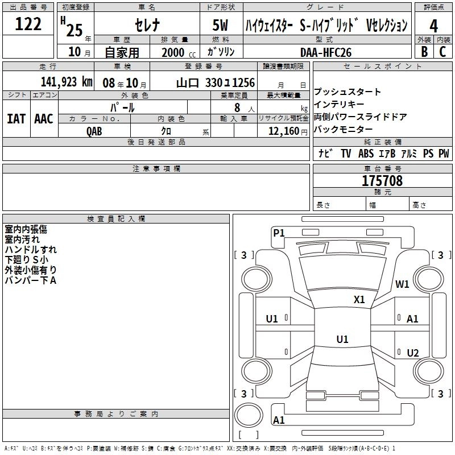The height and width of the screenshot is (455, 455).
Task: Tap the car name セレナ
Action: (x=146, y=25)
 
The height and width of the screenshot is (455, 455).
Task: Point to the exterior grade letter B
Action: (x=424, y=51)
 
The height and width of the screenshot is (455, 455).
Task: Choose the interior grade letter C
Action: (x=443, y=51)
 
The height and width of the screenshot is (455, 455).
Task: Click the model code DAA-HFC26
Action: (x=326, y=52)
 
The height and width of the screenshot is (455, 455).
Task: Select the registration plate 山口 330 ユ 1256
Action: (x=215, y=82)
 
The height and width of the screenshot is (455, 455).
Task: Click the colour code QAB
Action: (x=94, y=130)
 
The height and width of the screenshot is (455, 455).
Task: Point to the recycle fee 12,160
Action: (x=283, y=130)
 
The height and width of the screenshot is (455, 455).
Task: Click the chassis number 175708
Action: (x=382, y=181)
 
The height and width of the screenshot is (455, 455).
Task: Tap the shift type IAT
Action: (x=16, y=119)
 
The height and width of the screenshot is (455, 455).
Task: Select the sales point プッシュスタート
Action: (x=348, y=92)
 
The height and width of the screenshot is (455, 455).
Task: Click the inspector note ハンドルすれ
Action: (x=31, y=249)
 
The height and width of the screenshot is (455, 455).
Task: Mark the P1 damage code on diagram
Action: (x=279, y=232)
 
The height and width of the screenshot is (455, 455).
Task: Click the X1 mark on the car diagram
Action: (x=359, y=299)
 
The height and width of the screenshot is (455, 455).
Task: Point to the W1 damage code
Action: (x=403, y=284)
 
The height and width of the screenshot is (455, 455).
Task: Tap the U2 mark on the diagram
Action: (x=413, y=353)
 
